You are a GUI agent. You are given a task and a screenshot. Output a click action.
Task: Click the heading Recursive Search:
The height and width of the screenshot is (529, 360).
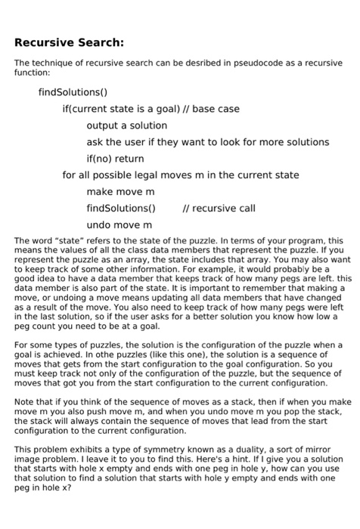click(x=70, y=42)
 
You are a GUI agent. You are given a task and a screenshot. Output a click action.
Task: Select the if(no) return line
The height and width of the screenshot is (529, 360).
click(x=115, y=159)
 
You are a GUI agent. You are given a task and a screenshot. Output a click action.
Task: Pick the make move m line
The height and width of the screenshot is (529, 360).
click(x=120, y=192)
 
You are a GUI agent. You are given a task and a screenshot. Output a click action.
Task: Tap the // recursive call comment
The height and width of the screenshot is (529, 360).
click(x=219, y=209)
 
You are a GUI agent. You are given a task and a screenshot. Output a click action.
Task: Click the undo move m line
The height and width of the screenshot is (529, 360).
click(x=119, y=225)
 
